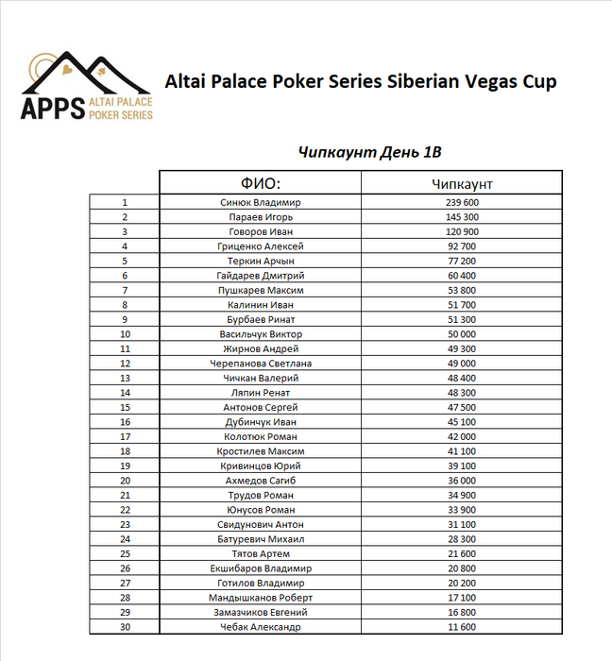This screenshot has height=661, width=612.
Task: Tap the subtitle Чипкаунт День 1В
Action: [x=369, y=152]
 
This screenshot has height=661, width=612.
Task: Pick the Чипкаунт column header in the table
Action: [x=461, y=182]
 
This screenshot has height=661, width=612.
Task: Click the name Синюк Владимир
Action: [x=260, y=202]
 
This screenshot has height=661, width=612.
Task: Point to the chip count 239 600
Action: [x=461, y=202]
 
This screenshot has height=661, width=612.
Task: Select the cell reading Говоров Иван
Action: [x=260, y=231]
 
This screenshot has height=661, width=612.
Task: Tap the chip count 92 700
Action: [x=461, y=246]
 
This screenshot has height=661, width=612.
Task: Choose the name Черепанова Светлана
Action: [x=260, y=364]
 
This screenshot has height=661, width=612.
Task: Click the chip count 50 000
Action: [x=461, y=334]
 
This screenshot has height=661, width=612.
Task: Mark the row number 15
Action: [x=125, y=407]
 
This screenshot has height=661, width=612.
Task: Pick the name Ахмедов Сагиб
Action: [x=260, y=481]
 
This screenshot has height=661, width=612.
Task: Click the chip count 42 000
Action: [x=461, y=436]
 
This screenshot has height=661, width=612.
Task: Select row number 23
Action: [x=125, y=524]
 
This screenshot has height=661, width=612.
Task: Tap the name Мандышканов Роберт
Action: [x=260, y=598]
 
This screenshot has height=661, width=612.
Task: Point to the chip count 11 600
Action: [x=461, y=627]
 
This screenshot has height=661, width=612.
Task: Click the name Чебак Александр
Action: [x=260, y=627]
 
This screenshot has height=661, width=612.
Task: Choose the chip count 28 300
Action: [x=461, y=539]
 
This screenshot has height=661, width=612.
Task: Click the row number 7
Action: [x=125, y=290]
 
